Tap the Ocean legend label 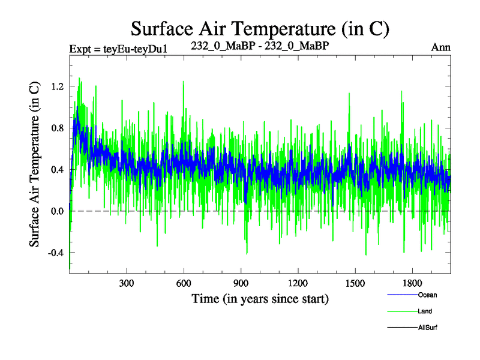(x=428, y=295)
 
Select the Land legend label (x=425, y=311)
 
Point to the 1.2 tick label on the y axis (x=57, y=86)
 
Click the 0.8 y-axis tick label (x=57, y=128)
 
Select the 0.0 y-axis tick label (x=57, y=211)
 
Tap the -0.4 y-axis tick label (x=55, y=253)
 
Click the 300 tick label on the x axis (x=127, y=283)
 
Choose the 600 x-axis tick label (x=184, y=283)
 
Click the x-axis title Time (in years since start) (x=260, y=298)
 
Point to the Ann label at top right (x=440, y=47)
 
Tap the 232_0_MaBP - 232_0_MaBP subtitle (x=260, y=46)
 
